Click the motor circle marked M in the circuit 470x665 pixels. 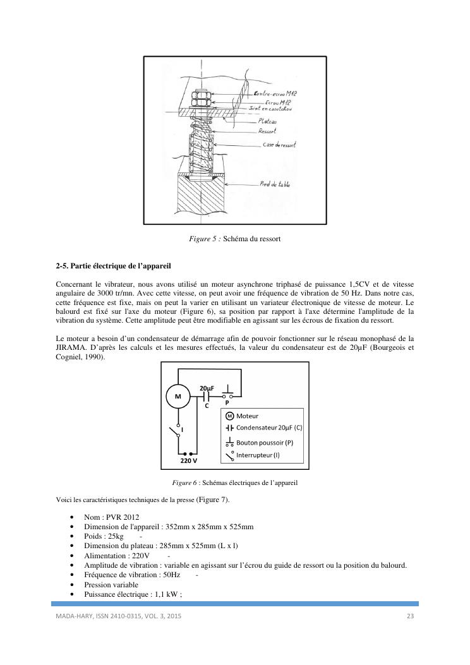178,397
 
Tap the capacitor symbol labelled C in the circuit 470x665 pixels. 207,396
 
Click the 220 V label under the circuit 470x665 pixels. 189,461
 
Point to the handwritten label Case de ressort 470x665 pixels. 279,145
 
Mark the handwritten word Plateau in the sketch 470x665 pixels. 268,121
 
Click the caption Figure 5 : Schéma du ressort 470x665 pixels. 234,239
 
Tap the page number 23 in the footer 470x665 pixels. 409,615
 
